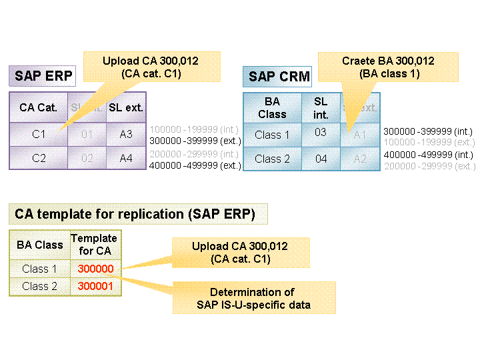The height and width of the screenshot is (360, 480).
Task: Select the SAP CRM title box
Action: (x=279, y=77)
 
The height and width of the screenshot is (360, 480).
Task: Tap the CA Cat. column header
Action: (x=38, y=107)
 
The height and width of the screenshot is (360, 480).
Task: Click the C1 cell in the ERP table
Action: (x=38, y=135)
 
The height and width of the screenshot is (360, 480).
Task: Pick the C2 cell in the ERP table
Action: (x=38, y=158)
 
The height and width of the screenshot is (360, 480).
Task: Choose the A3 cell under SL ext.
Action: (x=126, y=135)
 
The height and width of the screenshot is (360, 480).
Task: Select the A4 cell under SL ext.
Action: (x=126, y=158)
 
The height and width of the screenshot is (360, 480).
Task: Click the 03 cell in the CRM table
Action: (x=321, y=133)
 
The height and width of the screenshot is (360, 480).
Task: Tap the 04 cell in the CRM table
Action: (x=321, y=159)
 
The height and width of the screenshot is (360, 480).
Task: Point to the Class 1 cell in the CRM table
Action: (x=272, y=135)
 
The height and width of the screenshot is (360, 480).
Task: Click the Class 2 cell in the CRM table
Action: (x=272, y=159)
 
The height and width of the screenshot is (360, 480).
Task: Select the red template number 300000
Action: (x=95, y=269)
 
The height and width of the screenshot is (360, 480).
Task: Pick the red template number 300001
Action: (x=95, y=286)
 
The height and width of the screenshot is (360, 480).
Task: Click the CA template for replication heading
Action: (x=139, y=214)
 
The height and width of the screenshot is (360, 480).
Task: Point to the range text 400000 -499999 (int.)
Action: (x=429, y=155)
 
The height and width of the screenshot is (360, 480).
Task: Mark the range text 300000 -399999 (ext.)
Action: (x=195, y=141)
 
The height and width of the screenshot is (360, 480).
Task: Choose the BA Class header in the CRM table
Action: (x=272, y=108)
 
